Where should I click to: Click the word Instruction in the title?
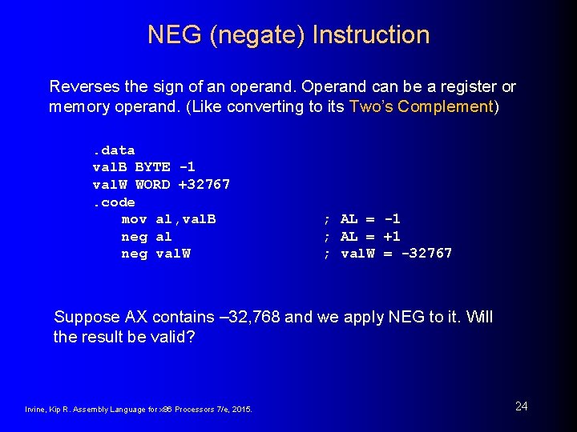pyautogui.click(x=371, y=35)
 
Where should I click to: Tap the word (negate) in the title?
pyautogui.click(x=253, y=35)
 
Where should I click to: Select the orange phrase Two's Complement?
pyautogui.click(x=421, y=106)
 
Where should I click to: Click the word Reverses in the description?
pyautogui.click(x=82, y=86)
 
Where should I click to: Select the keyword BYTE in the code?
pyautogui.click(x=152, y=167)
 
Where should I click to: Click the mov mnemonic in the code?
pyautogui.click(x=134, y=219)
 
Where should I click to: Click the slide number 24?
pyautogui.click(x=521, y=406)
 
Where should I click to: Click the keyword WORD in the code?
pyautogui.click(x=152, y=185)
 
